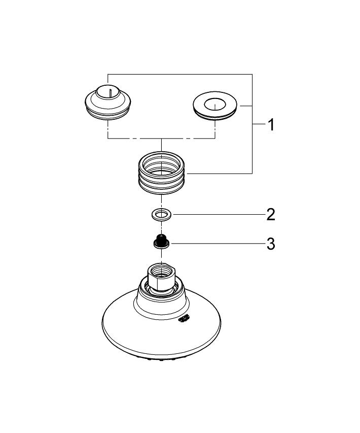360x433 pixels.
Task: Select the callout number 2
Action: (x=271, y=215)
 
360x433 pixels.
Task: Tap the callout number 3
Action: (x=271, y=244)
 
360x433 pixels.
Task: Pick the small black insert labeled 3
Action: (x=161, y=242)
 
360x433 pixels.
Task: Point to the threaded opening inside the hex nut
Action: (x=161, y=269)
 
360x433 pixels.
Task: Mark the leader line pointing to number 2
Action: (x=218, y=215)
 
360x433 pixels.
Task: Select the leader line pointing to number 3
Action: (x=218, y=244)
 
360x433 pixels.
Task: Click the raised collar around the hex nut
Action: (x=161, y=299)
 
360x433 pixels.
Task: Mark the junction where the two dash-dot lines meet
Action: (x=161, y=138)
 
